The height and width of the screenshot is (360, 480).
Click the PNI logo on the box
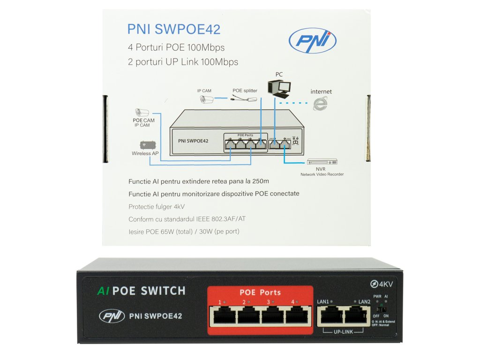coord(312,41)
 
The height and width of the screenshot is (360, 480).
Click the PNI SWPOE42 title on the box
coord(173,30)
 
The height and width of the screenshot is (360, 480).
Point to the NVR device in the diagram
coord(322,162)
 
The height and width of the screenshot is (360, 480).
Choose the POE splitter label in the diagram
coord(245,90)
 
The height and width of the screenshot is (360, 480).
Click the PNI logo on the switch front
coord(112,316)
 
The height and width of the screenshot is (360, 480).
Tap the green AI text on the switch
coord(103,291)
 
